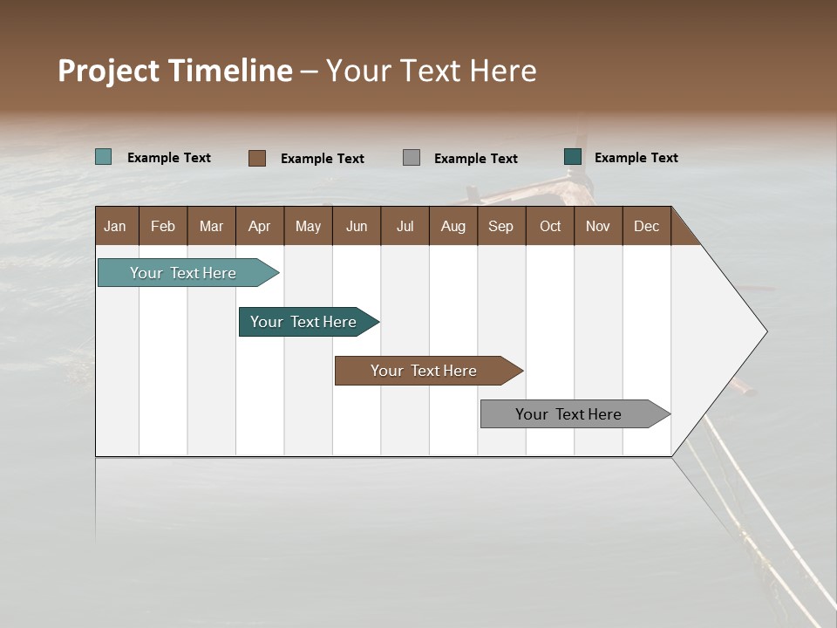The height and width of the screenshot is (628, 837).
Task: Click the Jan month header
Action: coord(116,226)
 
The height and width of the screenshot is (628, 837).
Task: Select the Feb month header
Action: coord(163,226)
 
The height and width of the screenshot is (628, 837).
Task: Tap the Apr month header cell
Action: coord(259,226)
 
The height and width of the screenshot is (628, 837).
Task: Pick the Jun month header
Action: coord(356,226)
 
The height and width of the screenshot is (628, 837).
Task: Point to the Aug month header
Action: coord(453,226)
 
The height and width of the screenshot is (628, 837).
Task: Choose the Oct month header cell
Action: coord(549,226)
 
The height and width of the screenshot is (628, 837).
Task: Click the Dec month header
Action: coord(646,226)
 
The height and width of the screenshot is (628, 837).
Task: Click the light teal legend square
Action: coord(103,157)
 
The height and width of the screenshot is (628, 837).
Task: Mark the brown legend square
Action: coord(256,158)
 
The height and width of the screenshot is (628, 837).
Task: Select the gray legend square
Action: coord(412,157)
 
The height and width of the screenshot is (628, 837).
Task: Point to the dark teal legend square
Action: coord(573,157)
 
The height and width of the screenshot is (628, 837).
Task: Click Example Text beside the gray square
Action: coord(475,158)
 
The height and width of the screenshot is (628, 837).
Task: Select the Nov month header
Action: coord(597,226)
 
